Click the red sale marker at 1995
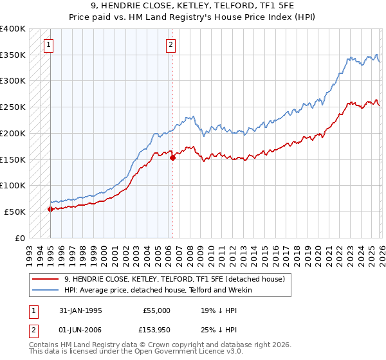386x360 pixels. click(50, 209)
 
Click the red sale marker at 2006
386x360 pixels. click(172, 157)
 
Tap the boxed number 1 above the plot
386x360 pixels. click(49, 45)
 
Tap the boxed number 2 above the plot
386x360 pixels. click(171, 45)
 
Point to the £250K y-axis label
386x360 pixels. click(13, 107)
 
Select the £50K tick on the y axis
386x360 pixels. click(15, 212)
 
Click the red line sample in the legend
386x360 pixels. click(45, 279)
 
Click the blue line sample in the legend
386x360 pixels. click(45, 290)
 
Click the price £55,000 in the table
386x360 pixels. click(156, 310)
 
